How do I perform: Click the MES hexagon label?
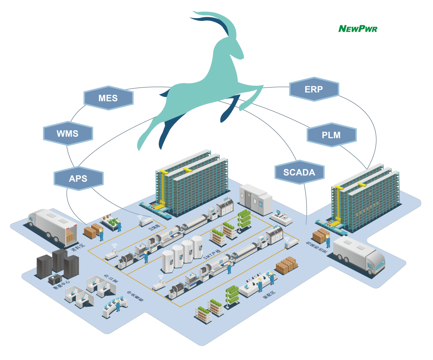108,98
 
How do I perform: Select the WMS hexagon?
68,134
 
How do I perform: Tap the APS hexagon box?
78,179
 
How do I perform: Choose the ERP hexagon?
314,89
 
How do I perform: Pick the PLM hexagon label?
331,135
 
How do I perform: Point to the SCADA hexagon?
299,173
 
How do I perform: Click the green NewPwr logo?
358,28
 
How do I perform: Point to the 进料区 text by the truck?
78,247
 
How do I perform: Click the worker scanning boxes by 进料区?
101,234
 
